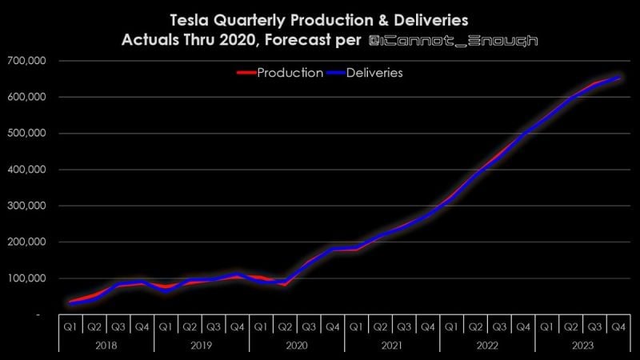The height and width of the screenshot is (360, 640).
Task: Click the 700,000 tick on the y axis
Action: (x=26, y=61)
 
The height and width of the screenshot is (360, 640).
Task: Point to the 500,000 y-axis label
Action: (x=26, y=134)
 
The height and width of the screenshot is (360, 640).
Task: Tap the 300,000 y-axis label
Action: (x=26, y=206)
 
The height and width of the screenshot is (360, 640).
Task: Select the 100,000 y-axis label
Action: (x=26, y=278)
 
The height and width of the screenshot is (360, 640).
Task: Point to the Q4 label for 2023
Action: (x=618, y=326)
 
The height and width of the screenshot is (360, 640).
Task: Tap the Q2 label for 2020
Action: (x=284, y=326)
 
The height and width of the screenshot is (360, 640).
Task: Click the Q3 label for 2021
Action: (x=403, y=326)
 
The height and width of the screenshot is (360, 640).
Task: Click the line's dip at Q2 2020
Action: (x=284, y=282)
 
